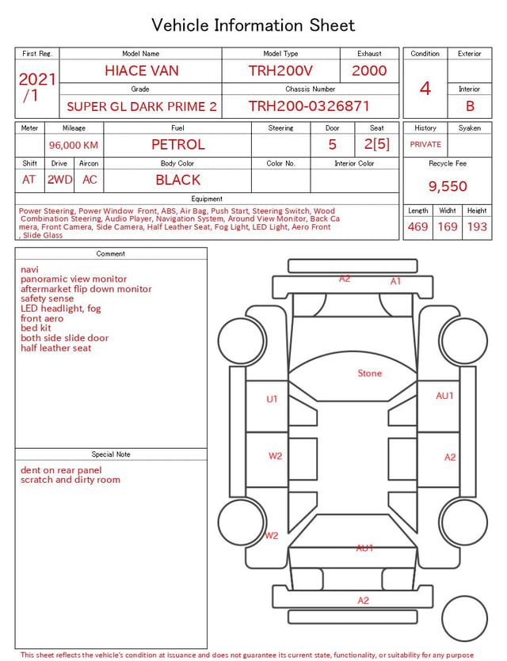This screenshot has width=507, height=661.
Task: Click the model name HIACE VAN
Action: pos(142,70)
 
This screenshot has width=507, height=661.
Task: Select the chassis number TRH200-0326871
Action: pos(309,106)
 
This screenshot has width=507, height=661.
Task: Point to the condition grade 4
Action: pos(425,89)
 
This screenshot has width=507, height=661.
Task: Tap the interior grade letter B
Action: pos(470,106)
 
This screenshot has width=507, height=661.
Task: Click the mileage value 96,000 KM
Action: pos(74,146)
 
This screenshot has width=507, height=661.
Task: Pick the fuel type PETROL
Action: pos(178,145)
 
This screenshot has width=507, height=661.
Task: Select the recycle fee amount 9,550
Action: pos(448,186)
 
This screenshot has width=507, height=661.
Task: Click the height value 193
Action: pos(477,226)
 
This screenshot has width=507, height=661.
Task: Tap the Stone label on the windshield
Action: pos(369,373)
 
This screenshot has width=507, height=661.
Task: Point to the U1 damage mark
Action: pos(272,399)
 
